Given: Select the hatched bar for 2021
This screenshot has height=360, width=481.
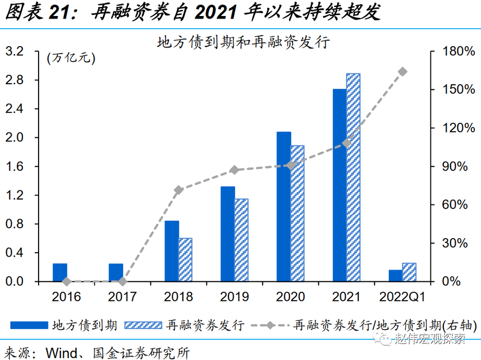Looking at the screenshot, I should click(x=353, y=177).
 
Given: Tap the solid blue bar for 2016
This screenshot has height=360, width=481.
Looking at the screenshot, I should click(x=60, y=272).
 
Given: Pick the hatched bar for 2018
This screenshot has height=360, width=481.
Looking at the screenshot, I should click(x=185, y=260).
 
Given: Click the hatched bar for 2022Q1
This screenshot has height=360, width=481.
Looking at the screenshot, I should click(x=409, y=272).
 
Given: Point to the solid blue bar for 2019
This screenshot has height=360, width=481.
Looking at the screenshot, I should click(x=227, y=234).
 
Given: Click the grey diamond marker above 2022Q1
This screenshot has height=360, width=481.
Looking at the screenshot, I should click(x=402, y=72).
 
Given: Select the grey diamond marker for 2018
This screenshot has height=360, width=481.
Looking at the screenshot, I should click(x=179, y=190).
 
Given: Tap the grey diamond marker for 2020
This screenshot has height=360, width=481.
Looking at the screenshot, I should click(x=291, y=165).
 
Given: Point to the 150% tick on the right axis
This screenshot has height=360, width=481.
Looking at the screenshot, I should click(x=457, y=90).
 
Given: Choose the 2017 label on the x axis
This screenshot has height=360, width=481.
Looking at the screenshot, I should click(x=122, y=297).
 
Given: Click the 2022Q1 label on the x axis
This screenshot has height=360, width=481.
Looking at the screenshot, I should click(x=402, y=297).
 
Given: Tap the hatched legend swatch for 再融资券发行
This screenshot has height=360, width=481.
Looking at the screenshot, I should click(x=144, y=325).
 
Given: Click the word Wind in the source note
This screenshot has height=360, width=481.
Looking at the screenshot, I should click(x=59, y=352).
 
